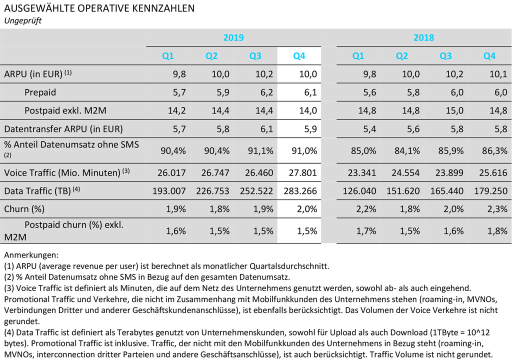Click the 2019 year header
(233, 37)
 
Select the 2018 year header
(423, 37)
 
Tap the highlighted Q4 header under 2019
(299, 56)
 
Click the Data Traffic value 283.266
(298, 191)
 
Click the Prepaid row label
(40, 92)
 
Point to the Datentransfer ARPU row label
(63, 128)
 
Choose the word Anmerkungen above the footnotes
(30, 255)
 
